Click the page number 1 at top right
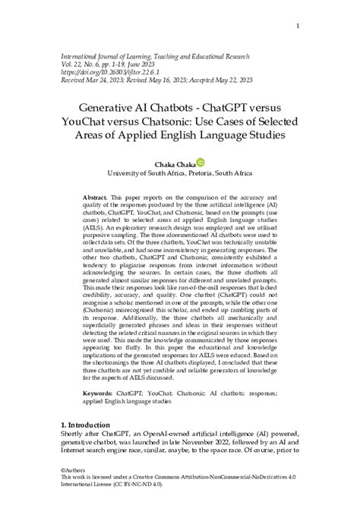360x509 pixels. (x=298, y=26)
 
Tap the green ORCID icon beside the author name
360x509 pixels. (x=201, y=162)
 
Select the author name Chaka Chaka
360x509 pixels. (x=175, y=163)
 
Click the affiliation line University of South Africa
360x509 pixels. (x=179, y=173)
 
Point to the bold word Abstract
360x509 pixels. (x=95, y=197)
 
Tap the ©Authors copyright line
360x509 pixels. (x=74, y=471)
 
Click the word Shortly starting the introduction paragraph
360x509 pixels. (x=74, y=436)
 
